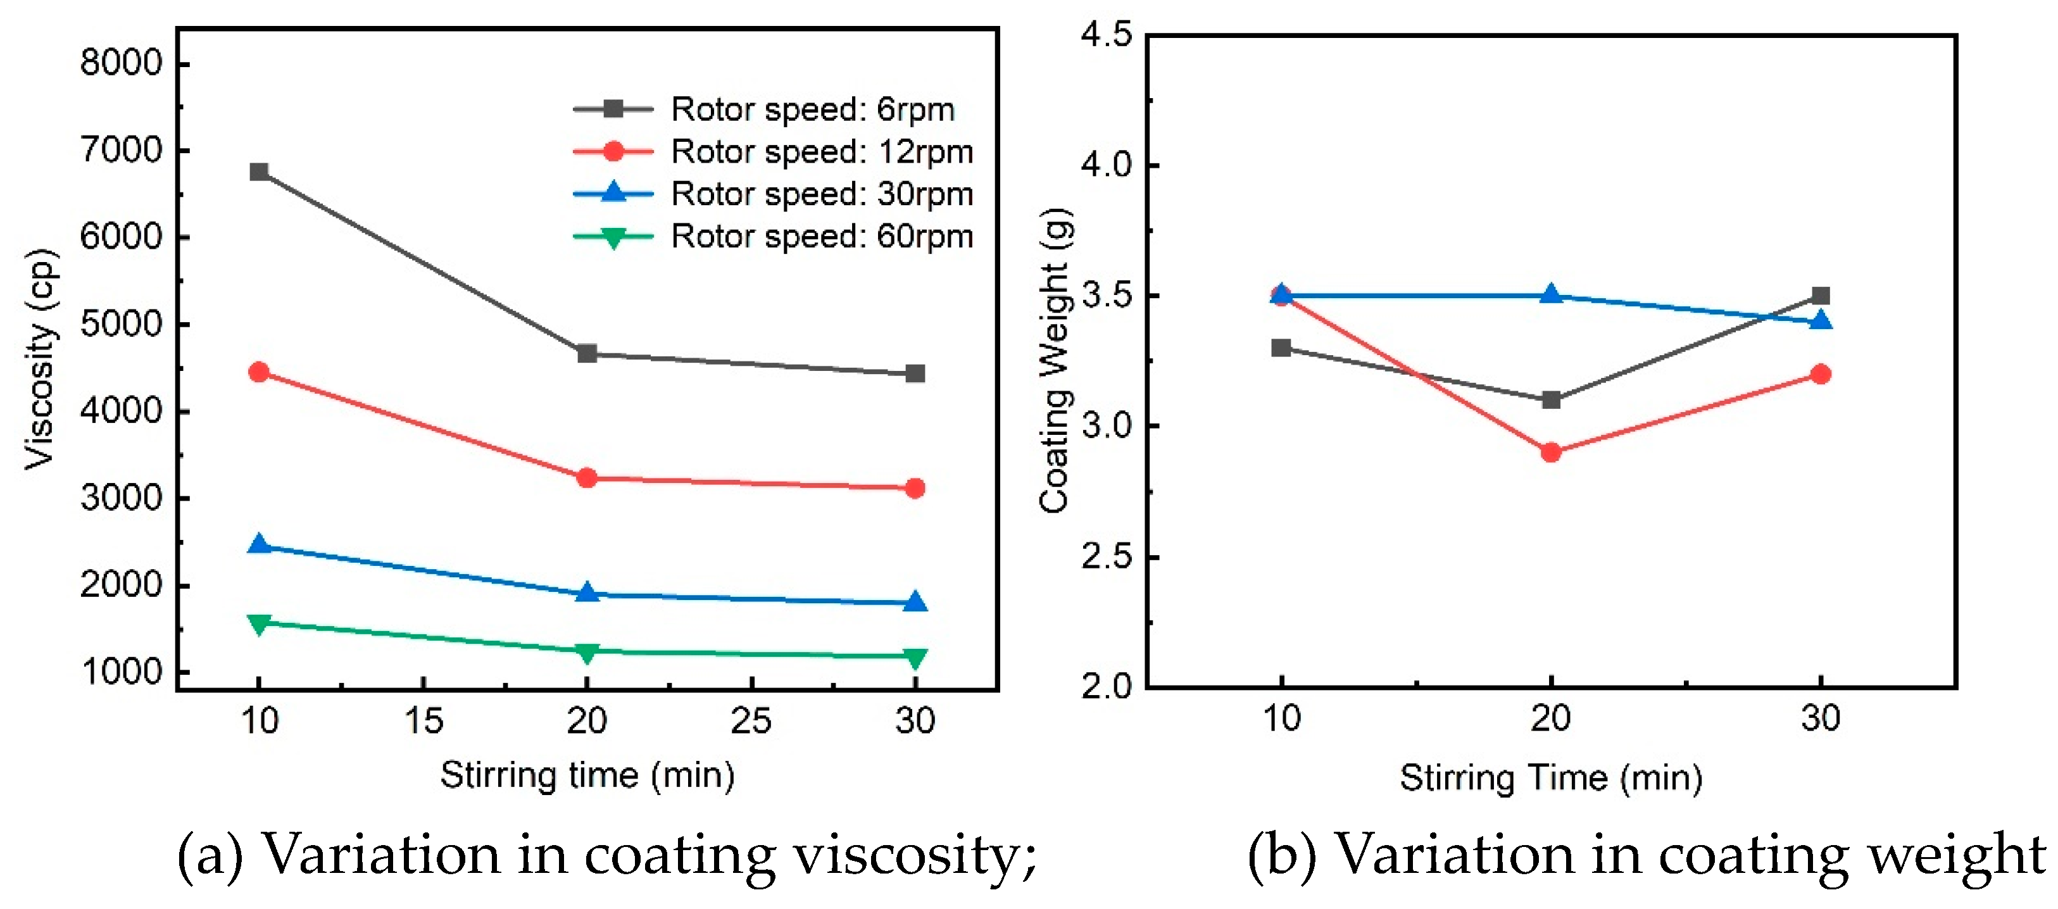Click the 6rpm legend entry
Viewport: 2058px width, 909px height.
(812, 110)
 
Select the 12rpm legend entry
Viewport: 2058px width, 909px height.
(821, 152)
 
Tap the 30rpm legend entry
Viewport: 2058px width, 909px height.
(821, 194)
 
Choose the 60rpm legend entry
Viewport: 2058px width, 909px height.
(821, 237)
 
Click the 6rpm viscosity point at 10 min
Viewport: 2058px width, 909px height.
(259, 172)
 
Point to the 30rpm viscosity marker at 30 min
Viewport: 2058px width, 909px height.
(915, 602)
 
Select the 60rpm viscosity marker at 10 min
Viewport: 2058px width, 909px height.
(259, 623)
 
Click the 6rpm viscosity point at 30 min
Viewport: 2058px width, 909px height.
(915, 374)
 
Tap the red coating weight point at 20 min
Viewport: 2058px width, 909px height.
(1551, 452)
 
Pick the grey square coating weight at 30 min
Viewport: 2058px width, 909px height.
(1821, 296)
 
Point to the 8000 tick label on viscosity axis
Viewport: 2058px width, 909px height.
(122, 62)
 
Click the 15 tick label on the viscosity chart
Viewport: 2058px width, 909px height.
(424, 721)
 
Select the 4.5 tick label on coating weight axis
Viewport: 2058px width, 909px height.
(1107, 35)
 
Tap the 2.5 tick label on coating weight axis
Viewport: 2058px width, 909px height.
(1107, 557)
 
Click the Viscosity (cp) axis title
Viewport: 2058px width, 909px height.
(41, 360)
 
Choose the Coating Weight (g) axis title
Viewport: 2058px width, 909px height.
(1055, 360)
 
